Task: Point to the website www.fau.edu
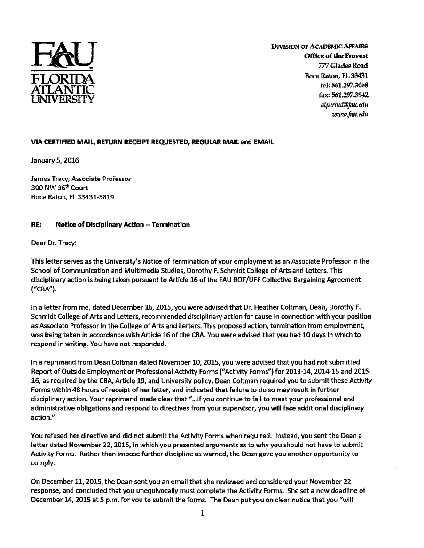350,114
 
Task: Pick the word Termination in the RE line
171,225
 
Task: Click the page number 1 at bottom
202,514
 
